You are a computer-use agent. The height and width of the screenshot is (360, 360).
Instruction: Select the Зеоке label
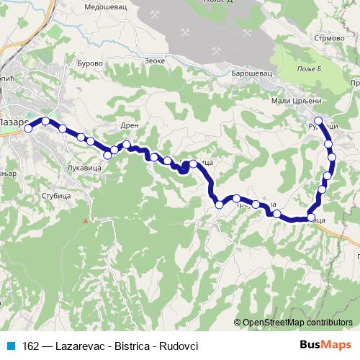coord(155,60)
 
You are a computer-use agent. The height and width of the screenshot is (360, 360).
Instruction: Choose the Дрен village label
coord(129,125)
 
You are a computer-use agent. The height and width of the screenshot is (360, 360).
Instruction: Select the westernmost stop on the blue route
coord(28,130)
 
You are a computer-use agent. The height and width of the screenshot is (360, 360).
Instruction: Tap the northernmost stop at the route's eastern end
coord(319,120)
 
